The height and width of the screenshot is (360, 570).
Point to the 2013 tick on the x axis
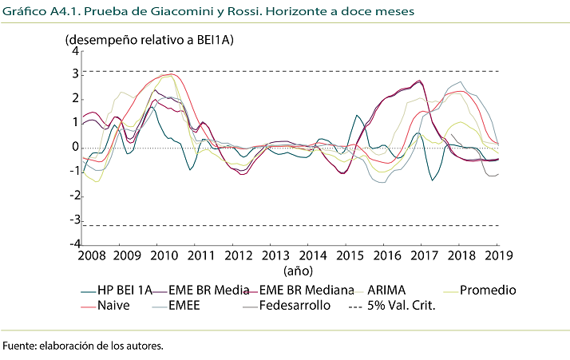click(275, 255)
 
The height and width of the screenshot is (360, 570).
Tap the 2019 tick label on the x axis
click(499, 255)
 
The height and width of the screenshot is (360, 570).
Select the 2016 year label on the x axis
click(387, 255)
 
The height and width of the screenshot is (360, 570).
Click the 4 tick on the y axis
click(75, 51)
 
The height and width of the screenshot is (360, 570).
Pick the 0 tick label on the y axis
click(75, 148)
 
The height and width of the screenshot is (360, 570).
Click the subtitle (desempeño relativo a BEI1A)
click(148, 39)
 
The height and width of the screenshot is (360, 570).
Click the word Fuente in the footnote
click(20, 346)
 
